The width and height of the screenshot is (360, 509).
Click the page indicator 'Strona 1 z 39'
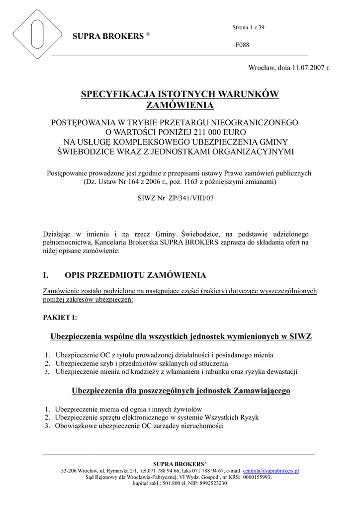248,27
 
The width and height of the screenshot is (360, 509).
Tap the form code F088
242,45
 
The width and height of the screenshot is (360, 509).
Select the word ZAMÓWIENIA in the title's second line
180,105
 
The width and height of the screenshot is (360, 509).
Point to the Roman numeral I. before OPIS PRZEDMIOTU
47,275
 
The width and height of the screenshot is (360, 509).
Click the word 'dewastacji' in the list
280,371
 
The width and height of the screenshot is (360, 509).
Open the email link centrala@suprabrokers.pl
271,471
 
